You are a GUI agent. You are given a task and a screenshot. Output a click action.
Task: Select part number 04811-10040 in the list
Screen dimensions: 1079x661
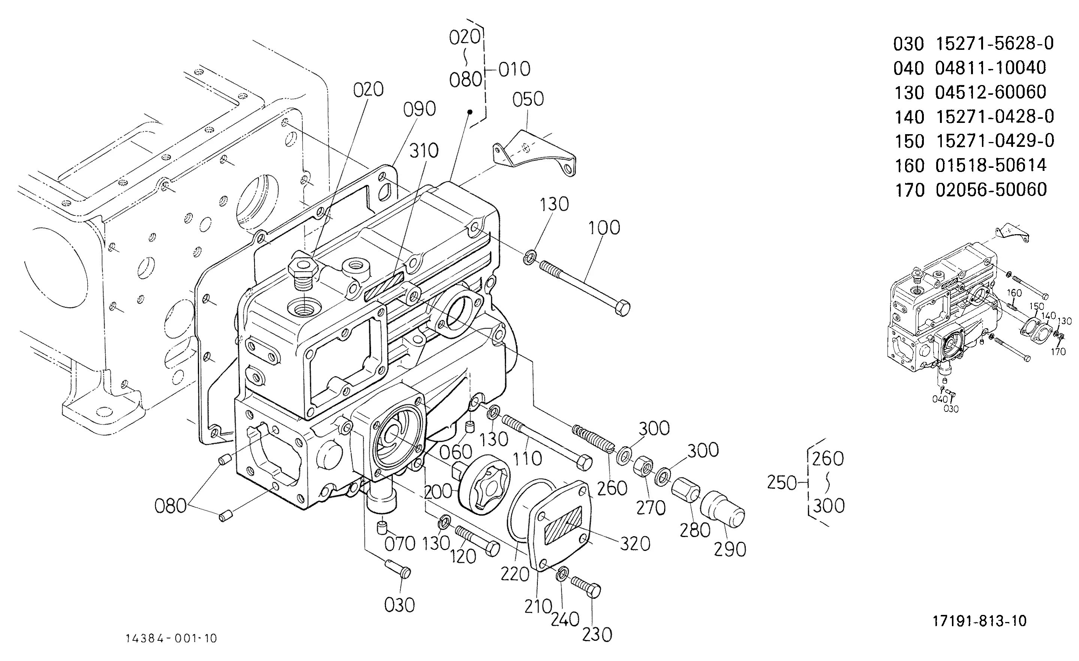point(991,68)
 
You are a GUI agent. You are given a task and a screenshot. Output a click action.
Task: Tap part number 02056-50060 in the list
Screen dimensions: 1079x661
point(991,190)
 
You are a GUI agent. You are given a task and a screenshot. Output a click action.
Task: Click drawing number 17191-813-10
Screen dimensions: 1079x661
point(980,621)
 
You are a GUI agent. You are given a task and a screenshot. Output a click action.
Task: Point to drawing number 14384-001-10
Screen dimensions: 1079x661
point(171,639)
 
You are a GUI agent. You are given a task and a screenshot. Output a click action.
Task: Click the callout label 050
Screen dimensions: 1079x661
point(528,99)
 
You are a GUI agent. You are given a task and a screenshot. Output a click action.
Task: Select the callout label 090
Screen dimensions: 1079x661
point(419,109)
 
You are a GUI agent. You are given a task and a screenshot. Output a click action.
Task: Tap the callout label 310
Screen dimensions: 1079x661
point(424,151)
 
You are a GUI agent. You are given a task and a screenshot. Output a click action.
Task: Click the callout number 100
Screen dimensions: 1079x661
point(604,227)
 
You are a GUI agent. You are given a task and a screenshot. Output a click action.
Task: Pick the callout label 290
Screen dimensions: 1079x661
point(730,549)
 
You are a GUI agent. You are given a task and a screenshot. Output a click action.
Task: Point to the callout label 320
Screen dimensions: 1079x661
point(635,544)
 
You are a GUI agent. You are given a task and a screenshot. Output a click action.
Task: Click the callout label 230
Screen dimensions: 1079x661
point(597,635)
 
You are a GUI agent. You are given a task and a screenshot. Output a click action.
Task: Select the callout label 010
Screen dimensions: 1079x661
point(515,69)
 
